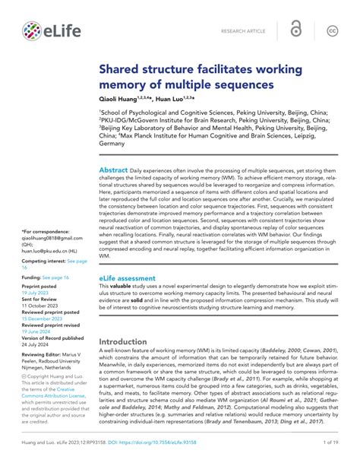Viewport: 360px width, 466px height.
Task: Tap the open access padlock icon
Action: (295, 30)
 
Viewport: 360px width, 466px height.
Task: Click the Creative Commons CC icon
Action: (332, 30)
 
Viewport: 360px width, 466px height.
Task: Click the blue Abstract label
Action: (113, 171)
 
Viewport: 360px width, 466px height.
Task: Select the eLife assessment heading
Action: (127, 279)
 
